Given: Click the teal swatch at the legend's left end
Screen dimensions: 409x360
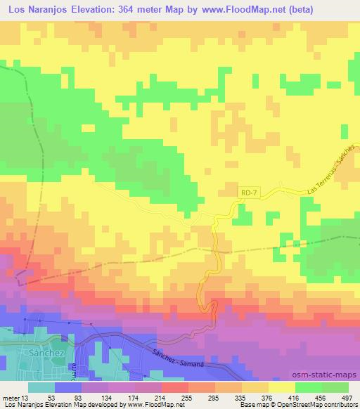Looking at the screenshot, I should tap(41, 387).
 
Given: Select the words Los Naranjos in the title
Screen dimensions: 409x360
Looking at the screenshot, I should tap(34, 9).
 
